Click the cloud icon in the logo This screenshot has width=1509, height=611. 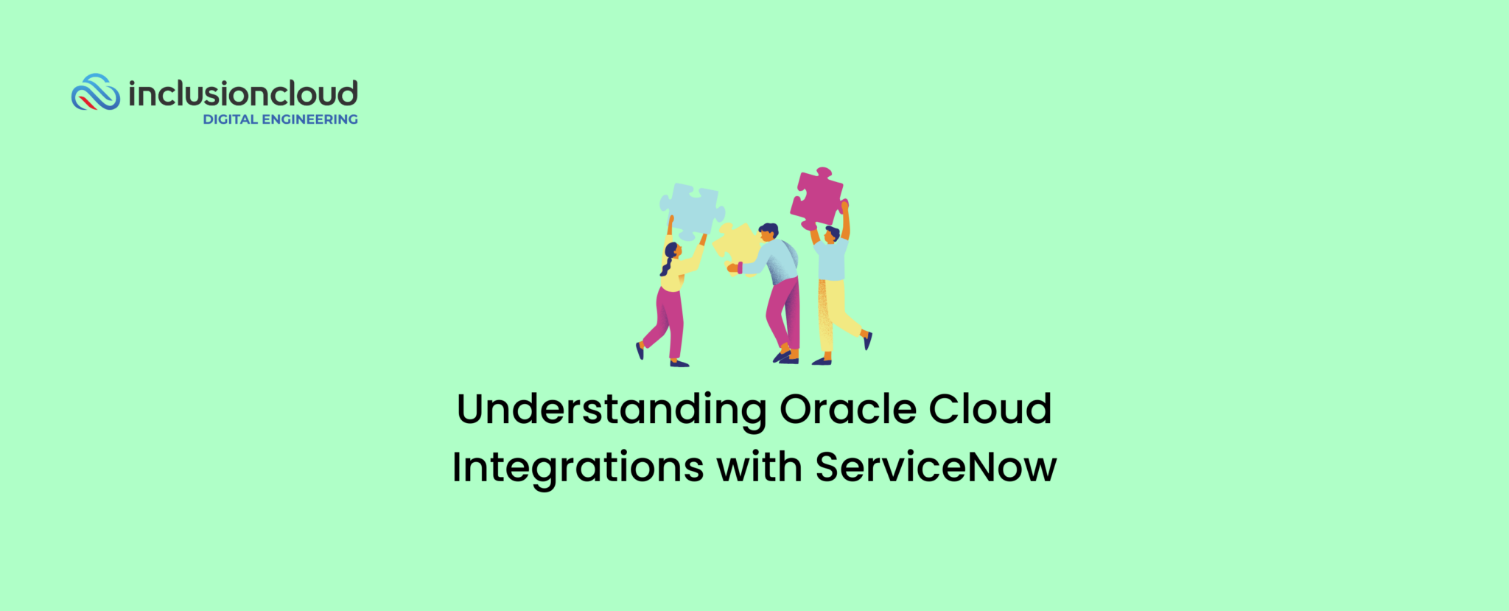click(x=95, y=93)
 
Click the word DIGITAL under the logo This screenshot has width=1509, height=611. click(x=230, y=119)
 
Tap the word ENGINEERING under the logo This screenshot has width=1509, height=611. click(x=310, y=119)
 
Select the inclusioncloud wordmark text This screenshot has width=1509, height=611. click(x=243, y=94)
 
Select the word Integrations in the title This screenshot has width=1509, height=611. click(x=578, y=468)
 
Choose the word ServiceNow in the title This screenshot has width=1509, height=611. click(x=936, y=467)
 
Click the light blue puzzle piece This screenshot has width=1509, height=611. click(x=692, y=210)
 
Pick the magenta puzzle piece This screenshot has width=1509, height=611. click(x=817, y=198)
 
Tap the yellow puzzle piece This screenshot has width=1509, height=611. click(x=737, y=244)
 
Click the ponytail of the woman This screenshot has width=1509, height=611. click(x=666, y=264)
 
